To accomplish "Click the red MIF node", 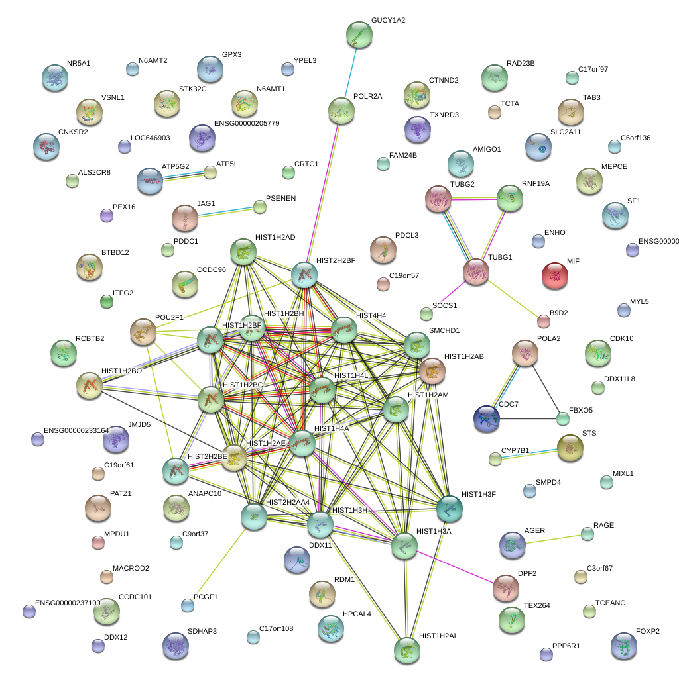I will click(x=554, y=275).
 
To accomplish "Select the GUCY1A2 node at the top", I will click(x=359, y=34).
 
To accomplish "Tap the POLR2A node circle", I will click(x=341, y=111).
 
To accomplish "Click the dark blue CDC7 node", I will click(x=487, y=419).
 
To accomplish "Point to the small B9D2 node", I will click(x=543, y=322).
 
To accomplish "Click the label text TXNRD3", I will click(x=444, y=115).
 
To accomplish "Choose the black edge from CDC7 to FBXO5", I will click(x=527, y=419).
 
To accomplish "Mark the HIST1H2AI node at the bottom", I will click(x=406, y=650).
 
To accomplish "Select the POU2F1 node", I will click(x=143, y=332).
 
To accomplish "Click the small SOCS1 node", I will click(x=426, y=314).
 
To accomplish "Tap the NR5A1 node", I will click(x=54, y=77).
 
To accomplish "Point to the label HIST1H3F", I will click(x=478, y=495).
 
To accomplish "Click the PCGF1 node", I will click(x=188, y=605).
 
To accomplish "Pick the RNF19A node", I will click(x=510, y=198).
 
